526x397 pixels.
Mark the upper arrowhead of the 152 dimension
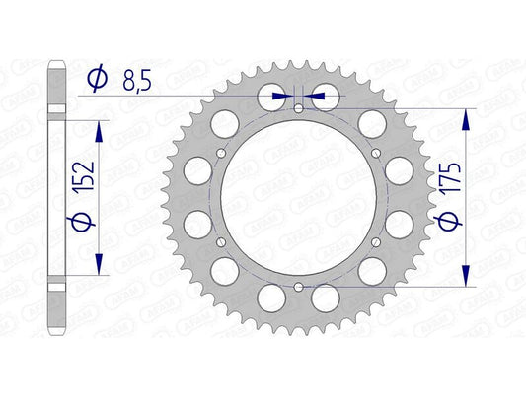point(98,129)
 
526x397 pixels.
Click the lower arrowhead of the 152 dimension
point(98,261)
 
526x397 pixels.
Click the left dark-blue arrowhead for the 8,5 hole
point(286,96)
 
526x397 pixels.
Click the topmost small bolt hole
point(300,108)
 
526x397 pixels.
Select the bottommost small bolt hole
point(299,285)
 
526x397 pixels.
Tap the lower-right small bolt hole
point(376,240)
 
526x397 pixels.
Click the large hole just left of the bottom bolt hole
point(273,295)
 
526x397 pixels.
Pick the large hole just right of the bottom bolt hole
point(325,295)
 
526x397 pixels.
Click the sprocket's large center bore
point(299,197)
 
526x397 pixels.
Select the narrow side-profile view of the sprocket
point(59,197)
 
